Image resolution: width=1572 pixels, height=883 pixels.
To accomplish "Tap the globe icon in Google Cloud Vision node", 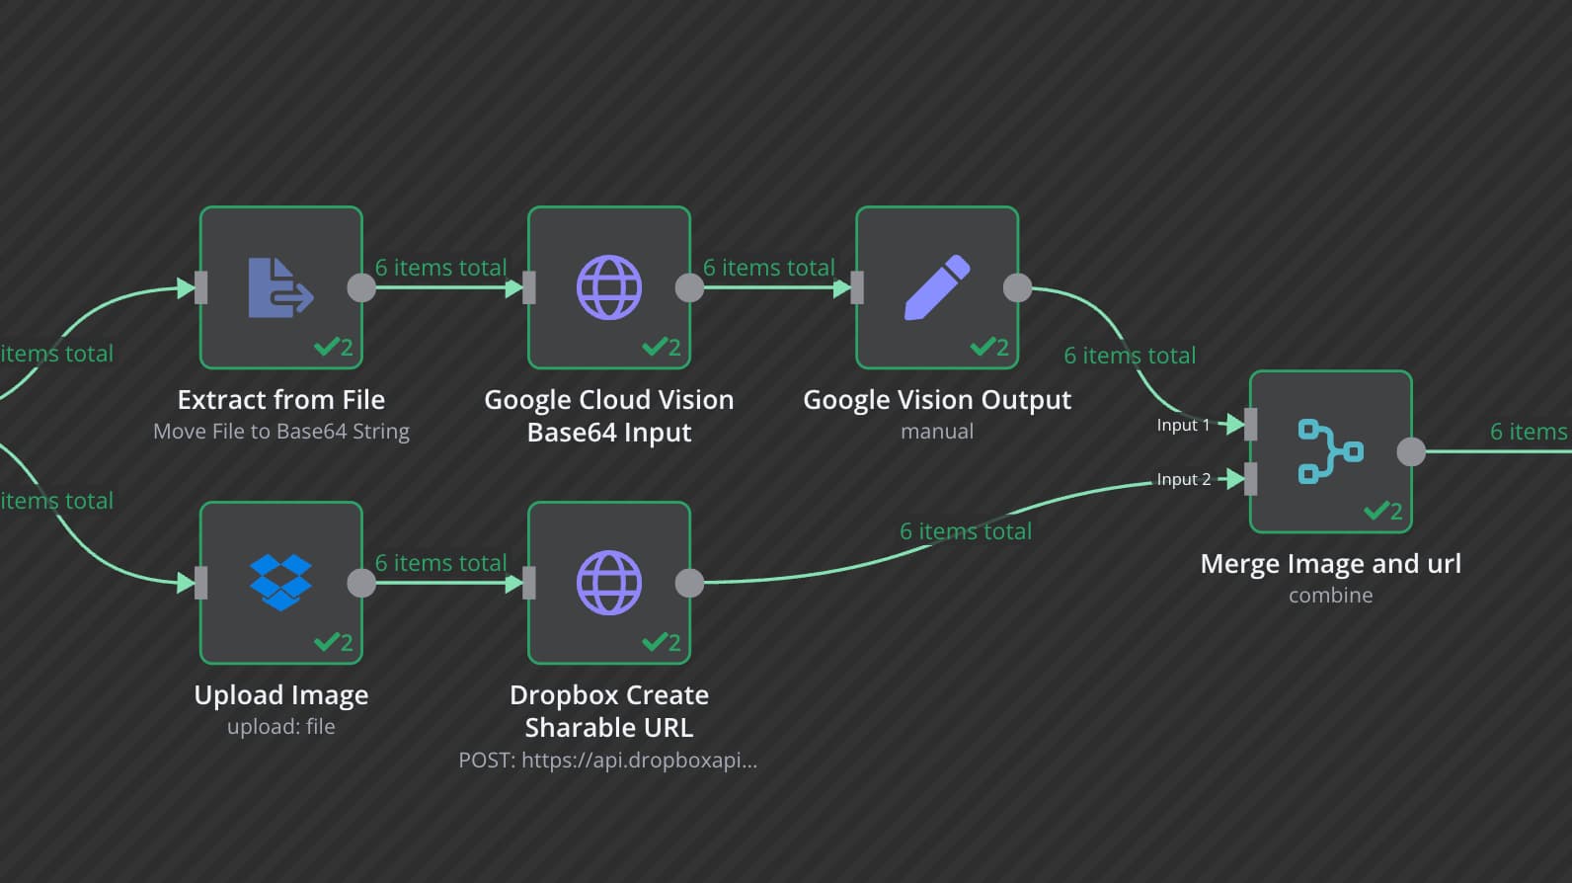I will [608, 287].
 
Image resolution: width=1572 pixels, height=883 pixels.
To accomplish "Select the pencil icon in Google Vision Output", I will [936, 287].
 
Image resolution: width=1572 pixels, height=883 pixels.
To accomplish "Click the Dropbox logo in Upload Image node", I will [280, 582].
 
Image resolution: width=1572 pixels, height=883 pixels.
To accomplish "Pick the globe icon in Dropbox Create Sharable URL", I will [608, 582].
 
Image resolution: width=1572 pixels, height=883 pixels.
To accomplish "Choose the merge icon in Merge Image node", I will [1330, 451].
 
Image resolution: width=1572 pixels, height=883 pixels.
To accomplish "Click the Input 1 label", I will [1183, 425].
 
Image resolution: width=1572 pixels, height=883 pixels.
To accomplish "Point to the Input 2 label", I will [1183, 479].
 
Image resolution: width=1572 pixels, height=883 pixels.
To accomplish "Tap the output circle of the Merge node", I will [1412, 451].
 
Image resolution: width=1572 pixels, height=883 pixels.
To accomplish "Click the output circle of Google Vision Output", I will [1018, 287].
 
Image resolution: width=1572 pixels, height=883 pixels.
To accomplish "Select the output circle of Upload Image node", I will [361, 583].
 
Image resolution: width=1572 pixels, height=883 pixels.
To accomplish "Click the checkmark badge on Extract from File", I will [333, 347].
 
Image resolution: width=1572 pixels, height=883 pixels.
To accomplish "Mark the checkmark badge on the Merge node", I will [1382, 511].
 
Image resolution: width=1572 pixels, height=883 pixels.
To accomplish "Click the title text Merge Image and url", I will [1330, 563].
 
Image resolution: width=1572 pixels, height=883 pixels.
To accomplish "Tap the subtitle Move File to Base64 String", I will [280, 432].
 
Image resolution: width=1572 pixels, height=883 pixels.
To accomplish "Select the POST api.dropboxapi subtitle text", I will [607, 761].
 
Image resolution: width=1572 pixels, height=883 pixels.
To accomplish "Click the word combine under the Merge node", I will [1330, 596].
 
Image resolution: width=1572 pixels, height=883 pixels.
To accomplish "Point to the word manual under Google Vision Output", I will [936, 432].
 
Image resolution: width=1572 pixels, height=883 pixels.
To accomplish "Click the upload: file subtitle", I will [280, 727].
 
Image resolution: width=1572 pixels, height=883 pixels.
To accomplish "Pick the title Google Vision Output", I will [936, 400].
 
